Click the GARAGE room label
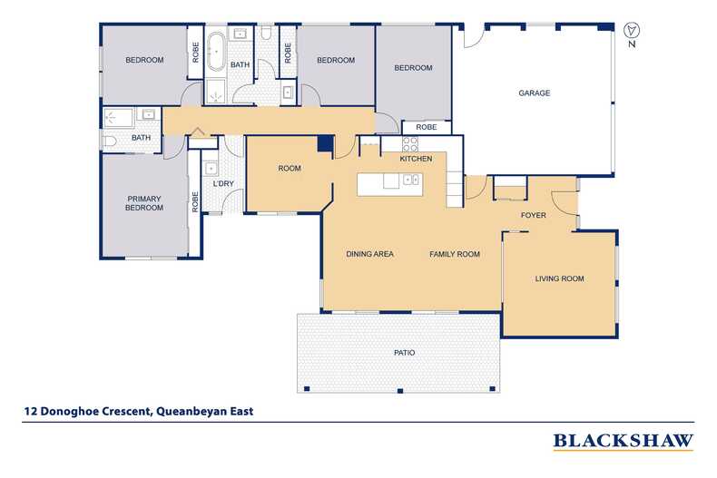534,93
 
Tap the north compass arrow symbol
632,31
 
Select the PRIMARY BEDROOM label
144,203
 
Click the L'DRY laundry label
223,184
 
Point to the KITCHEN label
416,159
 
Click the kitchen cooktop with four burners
410,144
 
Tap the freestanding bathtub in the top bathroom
216,51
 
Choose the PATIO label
405,353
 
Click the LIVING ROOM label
559,278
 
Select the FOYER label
533,215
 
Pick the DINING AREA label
369,254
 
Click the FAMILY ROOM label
455,254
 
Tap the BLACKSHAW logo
624,441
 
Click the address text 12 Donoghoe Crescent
87,411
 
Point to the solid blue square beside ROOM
326,143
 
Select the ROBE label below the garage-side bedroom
427,127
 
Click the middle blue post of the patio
400,391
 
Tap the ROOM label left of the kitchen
290,169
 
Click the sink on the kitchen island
411,180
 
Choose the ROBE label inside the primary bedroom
195,202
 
